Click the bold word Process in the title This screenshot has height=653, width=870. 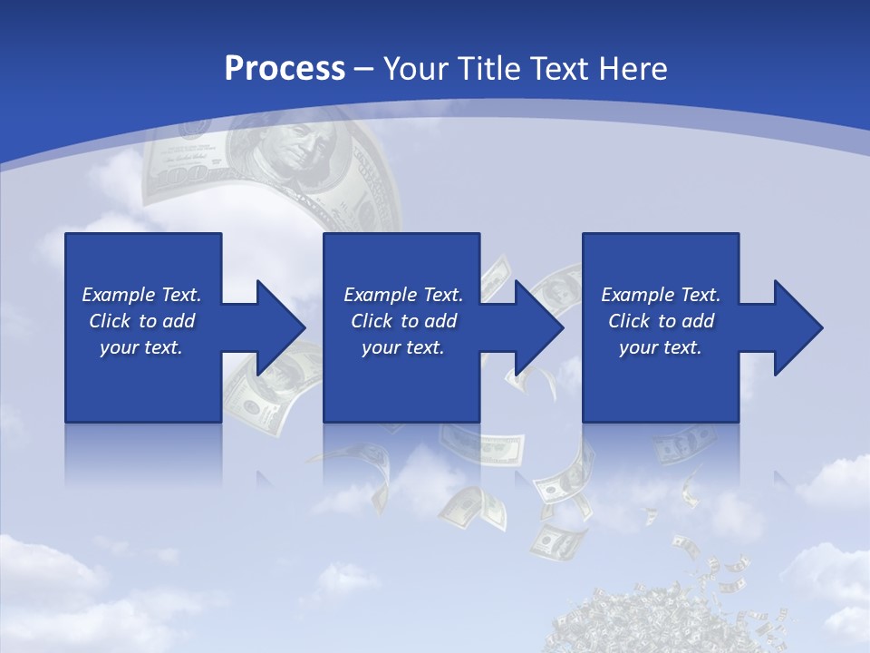(285, 69)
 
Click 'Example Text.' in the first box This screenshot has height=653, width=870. (141, 295)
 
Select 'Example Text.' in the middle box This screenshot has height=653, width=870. (403, 295)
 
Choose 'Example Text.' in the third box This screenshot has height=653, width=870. (661, 295)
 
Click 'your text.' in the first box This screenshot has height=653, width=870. (141, 347)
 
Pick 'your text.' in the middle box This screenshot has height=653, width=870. (403, 347)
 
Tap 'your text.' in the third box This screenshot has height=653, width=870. (661, 347)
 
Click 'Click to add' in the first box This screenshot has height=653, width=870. (141, 321)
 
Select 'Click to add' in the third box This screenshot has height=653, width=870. (661, 321)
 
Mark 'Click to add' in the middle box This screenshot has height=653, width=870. (403, 321)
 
